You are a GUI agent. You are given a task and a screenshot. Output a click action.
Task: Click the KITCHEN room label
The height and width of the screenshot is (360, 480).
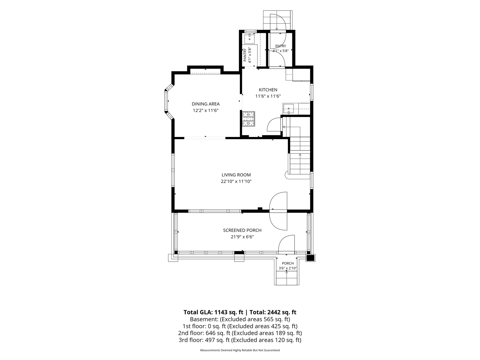pos(268,90)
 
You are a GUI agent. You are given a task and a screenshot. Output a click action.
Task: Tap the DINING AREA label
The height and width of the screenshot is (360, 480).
pos(206,104)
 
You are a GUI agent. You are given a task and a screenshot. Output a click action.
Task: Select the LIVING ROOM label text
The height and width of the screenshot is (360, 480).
pos(236,175)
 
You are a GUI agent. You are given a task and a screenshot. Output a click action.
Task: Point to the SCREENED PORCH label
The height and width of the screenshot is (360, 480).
pos(242,230)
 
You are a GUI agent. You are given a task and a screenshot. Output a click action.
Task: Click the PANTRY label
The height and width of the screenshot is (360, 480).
pos(245,55)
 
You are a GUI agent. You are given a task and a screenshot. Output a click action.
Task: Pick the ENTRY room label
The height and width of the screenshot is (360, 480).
pos(281,46)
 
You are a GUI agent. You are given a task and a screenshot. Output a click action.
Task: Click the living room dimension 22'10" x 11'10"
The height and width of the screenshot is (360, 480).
pos(236,181)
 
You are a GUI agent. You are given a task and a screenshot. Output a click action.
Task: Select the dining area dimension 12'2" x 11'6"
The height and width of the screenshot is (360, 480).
pos(206,111)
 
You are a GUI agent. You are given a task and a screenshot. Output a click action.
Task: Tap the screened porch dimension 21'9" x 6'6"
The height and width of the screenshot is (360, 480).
pos(242,237)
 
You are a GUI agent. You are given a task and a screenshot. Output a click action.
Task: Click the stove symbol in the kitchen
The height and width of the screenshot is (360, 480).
pos(249,119)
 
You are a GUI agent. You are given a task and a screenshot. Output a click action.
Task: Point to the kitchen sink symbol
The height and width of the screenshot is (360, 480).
pos(288,108)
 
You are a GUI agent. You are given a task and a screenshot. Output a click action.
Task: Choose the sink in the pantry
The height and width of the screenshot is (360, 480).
pos(250,39)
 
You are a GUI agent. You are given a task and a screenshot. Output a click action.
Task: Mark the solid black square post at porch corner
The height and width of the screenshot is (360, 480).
pos(310,258)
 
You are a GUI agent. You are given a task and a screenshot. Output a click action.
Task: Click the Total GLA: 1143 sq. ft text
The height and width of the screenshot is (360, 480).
pos(213,312)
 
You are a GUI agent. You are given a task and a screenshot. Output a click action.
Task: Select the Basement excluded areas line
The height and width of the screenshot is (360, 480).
pos(240,319)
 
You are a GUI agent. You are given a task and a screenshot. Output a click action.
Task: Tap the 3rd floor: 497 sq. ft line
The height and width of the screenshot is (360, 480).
pos(240,340)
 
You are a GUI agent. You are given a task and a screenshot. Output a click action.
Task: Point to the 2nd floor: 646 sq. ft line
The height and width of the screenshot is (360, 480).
pos(240,333)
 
